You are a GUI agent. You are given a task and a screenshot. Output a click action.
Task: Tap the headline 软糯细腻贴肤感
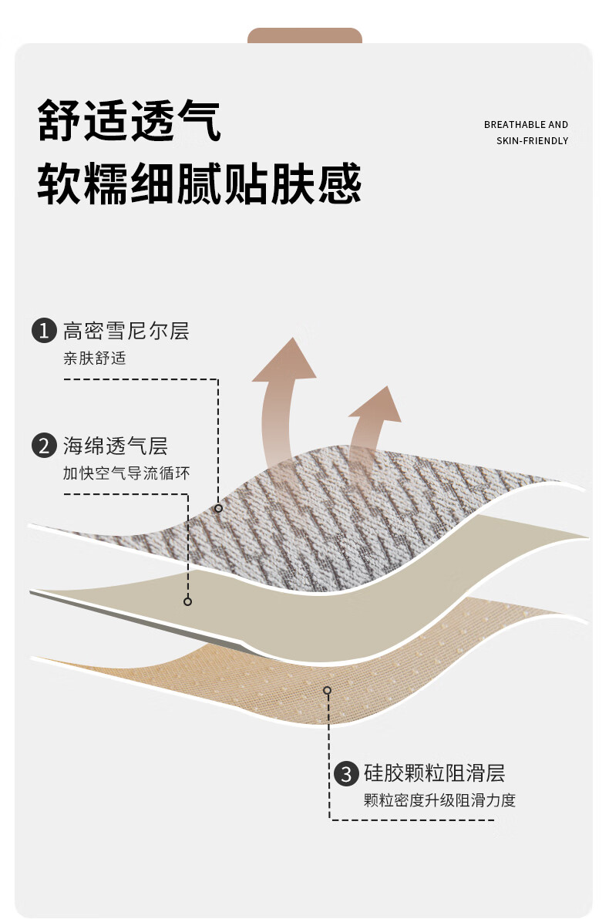pyautogui.click(x=200, y=183)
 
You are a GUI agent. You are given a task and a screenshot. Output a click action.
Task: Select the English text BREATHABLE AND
pyautogui.click(x=526, y=125)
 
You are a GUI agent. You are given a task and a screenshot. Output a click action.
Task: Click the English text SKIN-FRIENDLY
pyautogui.click(x=532, y=141)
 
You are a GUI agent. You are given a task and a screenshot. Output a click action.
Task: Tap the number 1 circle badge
pyautogui.click(x=44, y=332)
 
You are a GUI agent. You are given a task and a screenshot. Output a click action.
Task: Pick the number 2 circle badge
pyautogui.click(x=44, y=446)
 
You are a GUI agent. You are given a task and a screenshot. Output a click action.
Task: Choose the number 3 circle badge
pyautogui.click(x=346, y=773)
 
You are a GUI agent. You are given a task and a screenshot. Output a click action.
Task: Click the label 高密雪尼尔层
pyautogui.click(x=126, y=332)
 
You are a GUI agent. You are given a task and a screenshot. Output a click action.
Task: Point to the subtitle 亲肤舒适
pyautogui.click(x=94, y=359)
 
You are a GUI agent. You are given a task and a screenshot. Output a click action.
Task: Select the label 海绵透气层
pyautogui.click(x=116, y=446)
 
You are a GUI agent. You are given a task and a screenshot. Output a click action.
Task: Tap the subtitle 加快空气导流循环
pyautogui.click(x=126, y=473)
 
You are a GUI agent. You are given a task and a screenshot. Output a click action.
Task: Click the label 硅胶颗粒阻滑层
pyautogui.click(x=434, y=773)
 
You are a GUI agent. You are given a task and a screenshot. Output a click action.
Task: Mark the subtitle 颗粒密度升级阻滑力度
pyautogui.click(x=439, y=800)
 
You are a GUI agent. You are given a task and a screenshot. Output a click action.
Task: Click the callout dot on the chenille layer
pyautogui.click(x=219, y=508)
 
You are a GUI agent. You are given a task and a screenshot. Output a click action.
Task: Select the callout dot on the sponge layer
pyautogui.click(x=187, y=601)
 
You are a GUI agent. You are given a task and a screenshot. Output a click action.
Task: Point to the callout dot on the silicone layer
pyautogui.click(x=328, y=690)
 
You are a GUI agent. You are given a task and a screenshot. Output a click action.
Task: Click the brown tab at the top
pyautogui.click(x=304, y=35)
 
